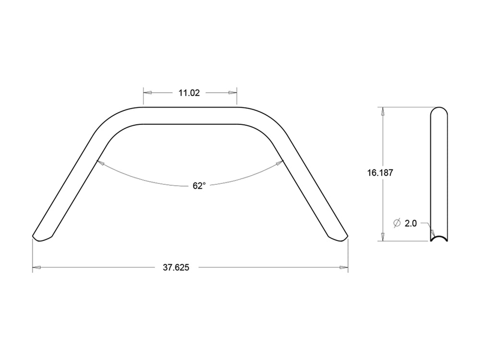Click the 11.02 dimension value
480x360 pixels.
pos(189,93)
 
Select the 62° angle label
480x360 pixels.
pos(199,186)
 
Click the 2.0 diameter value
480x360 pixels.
pos(411,223)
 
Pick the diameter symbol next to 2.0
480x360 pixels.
pos(397,223)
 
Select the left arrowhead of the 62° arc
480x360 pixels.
pos(101,163)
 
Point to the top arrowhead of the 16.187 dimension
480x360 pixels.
pos(383,111)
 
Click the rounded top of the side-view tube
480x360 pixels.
pos(439,110)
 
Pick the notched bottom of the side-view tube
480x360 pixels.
pos(439,239)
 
